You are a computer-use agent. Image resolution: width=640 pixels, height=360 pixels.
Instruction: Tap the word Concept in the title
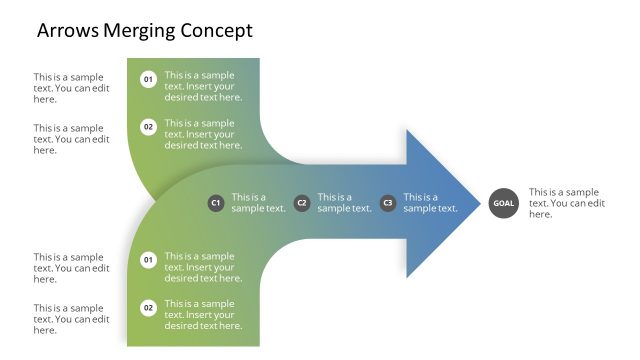216,31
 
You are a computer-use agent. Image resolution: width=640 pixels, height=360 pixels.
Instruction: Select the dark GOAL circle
503,203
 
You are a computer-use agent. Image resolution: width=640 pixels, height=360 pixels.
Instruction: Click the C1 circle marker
215,203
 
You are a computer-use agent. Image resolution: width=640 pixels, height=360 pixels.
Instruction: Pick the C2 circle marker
302,203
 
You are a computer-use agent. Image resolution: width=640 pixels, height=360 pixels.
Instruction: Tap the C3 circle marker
388,203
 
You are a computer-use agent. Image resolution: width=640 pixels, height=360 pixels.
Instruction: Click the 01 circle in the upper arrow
148,79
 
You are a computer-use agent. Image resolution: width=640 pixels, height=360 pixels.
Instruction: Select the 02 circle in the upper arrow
148,127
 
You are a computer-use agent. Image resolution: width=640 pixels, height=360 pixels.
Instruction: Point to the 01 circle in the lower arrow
148,260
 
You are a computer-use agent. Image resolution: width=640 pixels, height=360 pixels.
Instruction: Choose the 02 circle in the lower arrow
148,308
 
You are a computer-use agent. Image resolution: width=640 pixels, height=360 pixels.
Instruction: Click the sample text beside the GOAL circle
567,203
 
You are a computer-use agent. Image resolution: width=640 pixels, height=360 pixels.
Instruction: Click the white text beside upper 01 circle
203,86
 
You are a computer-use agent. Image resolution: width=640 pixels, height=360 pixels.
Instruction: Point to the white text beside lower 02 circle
203,315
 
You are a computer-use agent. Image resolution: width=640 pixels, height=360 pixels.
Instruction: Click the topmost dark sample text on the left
71,88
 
